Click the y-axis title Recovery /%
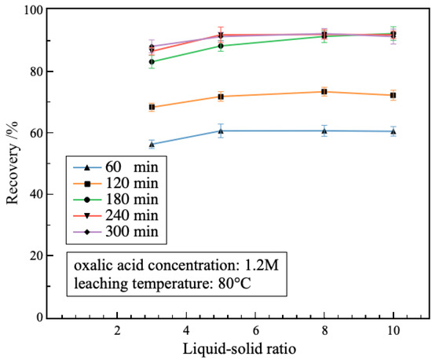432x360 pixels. click(x=13, y=163)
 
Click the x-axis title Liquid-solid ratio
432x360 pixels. click(x=238, y=347)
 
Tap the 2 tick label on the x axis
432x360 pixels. click(x=117, y=329)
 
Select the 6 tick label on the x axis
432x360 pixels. click(x=255, y=329)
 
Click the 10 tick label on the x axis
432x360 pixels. click(x=393, y=329)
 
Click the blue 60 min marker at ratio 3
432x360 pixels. click(x=152, y=145)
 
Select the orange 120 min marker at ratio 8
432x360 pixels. click(x=324, y=92)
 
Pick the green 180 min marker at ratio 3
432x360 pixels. click(x=152, y=61)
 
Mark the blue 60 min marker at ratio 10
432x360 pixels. click(x=393, y=131)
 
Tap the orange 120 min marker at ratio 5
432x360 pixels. click(x=221, y=97)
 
